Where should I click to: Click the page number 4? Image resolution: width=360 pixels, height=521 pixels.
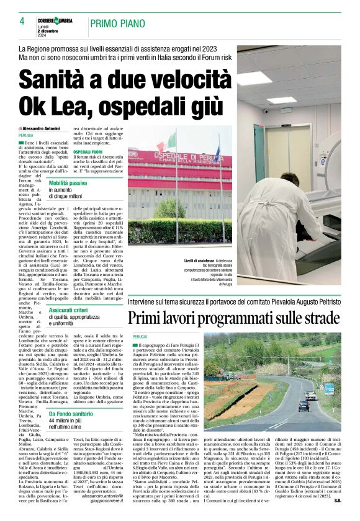(x=22, y=21)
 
